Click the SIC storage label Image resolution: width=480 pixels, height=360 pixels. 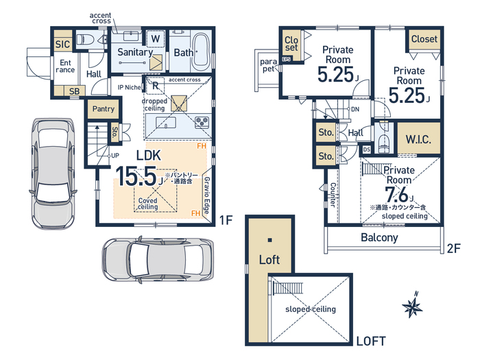(x=62, y=45)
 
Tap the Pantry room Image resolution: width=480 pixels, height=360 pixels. (x=104, y=108)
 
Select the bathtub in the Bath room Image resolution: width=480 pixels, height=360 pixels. (x=201, y=51)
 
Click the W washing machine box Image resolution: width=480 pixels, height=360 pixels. (x=156, y=39)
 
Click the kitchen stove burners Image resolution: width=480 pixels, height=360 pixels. (x=202, y=122)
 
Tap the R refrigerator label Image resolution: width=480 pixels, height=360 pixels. (x=155, y=86)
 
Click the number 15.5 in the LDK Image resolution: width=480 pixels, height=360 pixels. (x=136, y=177)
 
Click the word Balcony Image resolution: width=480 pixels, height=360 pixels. (x=379, y=237)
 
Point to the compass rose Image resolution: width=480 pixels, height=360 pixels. (x=412, y=305)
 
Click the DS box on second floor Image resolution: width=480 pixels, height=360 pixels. (x=366, y=149)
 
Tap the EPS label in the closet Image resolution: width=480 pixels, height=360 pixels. (x=287, y=59)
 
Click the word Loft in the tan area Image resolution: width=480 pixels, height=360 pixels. (x=269, y=260)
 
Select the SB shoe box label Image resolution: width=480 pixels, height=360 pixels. (x=74, y=91)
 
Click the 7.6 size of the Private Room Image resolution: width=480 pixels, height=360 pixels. (x=396, y=194)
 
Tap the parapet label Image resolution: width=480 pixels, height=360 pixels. (x=269, y=65)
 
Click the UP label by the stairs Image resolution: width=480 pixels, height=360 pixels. (x=115, y=156)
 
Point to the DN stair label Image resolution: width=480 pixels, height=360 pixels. (x=355, y=109)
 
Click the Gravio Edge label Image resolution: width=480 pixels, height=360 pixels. (x=207, y=195)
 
